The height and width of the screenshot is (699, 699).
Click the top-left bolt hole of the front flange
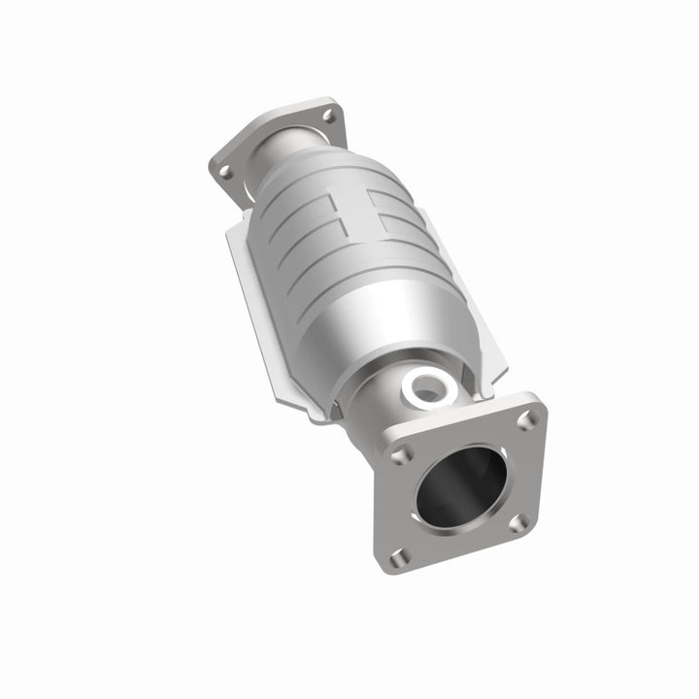click(401, 454)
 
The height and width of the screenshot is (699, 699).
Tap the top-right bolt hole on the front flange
click(525, 418)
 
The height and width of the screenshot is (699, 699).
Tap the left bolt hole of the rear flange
click(225, 172)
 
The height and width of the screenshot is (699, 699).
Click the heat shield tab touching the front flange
click(490, 383)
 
